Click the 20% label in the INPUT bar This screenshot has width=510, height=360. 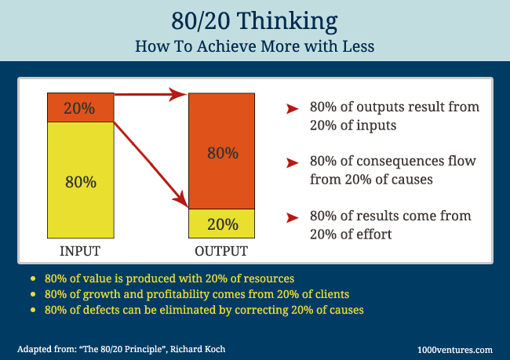(x=79, y=108)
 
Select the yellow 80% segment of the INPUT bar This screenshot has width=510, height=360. (x=81, y=180)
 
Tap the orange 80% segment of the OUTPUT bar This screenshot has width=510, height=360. (x=222, y=151)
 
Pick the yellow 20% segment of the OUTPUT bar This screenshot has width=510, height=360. (x=222, y=224)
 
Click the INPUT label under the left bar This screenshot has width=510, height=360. (x=80, y=251)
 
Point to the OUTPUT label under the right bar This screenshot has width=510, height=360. (x=221, y=251)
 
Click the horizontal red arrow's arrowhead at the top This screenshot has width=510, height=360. (x=177, y=94)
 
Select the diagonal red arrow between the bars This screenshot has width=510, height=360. (x=151, y=165)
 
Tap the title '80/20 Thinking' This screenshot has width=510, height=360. (x=255, y=21)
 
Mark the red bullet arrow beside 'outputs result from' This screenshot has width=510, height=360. (x=293, y=108)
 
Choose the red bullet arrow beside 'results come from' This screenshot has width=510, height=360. (x=293, y=217)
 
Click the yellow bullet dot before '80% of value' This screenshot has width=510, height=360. (x=33, y=278)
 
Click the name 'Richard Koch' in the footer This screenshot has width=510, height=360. (x=198, y=349)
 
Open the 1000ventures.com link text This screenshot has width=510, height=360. (x=455, y=350)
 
